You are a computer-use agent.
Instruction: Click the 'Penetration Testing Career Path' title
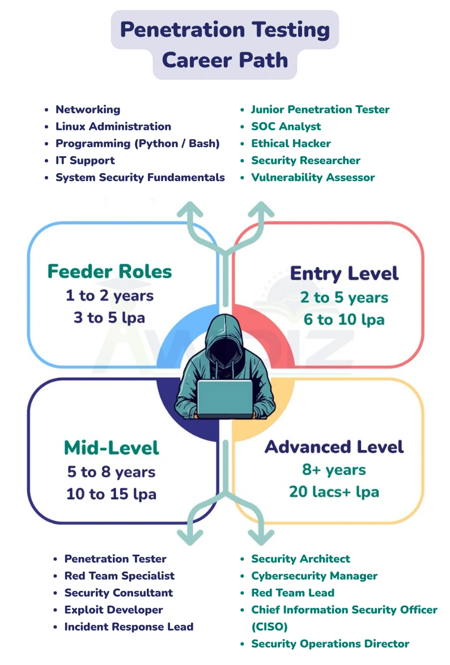click(x=225, y=44)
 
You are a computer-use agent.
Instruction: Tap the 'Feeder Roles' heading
click(x=109, y=272)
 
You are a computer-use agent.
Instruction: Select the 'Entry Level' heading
click(x=344, y=274)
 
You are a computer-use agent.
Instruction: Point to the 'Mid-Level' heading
click(x=112, y=448)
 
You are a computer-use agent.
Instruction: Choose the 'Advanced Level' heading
click(x=334, y=447)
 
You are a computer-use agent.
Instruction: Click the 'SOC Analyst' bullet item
click(x=286, y=127)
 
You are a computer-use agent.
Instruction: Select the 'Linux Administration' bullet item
click(x=113, y=127)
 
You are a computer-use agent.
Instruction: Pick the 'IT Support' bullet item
click(x=85, y=161)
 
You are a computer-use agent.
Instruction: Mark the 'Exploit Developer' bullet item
click(x=113, y=610)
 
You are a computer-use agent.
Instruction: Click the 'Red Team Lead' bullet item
click(x=292, y=593)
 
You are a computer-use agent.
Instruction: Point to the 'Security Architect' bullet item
click(x=300, y=559)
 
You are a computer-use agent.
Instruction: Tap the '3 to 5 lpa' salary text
click(x=109, y=318)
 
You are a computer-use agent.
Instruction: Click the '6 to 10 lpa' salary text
click(x=344, y=320)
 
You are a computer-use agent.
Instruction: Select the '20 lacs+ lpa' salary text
click(x=334, y=492)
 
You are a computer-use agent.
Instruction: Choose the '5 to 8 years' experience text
click(x=111, y=472)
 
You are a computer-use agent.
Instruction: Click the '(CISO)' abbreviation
click(x=269, y=627)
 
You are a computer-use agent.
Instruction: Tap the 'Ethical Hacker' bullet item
click(x=291, y=144)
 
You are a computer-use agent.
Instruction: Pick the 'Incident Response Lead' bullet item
click(x=129, y=627)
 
